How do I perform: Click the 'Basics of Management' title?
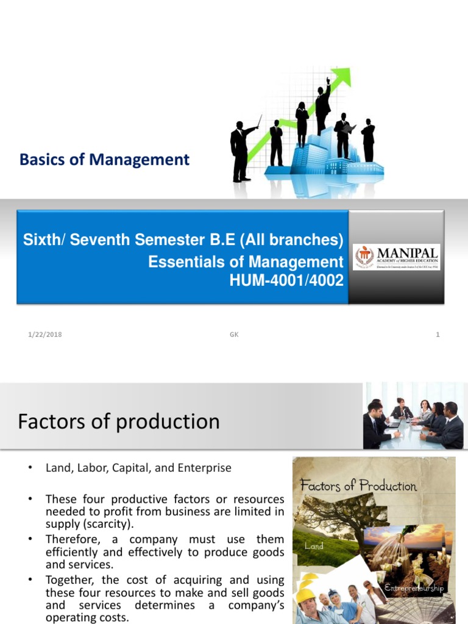(104, 160)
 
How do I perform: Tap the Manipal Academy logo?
(396, 257)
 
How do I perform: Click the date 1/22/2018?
(44, 335)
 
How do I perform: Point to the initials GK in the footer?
(233, 335)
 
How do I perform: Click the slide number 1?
(438, 335)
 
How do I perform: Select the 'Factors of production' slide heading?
(119, 422)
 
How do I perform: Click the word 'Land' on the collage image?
(314, 546)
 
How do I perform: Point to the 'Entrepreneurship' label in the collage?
(414, 588)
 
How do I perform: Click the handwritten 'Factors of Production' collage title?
(358, 486)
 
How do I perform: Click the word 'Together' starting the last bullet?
(69, 580)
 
